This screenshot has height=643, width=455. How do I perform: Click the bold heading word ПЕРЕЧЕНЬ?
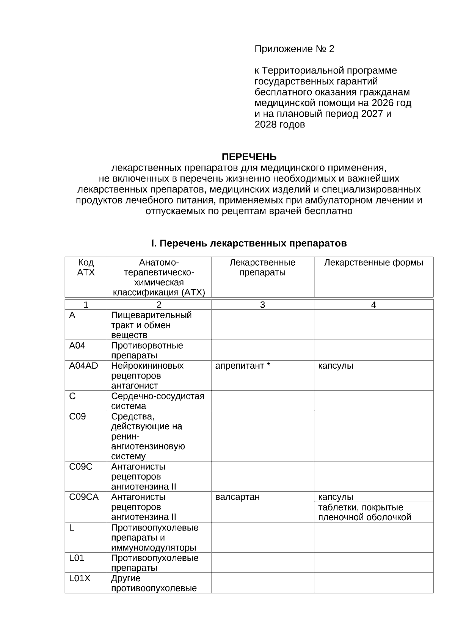[x=249, y=156]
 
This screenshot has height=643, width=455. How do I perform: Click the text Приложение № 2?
[x=294, y=49]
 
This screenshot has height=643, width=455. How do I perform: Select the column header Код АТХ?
[x=86, y=268]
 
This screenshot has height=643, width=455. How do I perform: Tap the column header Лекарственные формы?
[x=373, y=263]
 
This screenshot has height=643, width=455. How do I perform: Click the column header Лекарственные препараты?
[x=262, y=268]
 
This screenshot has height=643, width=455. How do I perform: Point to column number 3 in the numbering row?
[x=262, y=305]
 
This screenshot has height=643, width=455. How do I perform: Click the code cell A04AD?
[x=83, y=366]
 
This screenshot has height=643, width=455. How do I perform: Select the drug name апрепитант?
[x=240, y=366]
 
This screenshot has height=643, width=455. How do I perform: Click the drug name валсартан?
[x=237, y=497]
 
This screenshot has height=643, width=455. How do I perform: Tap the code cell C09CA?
[x=84, y=497]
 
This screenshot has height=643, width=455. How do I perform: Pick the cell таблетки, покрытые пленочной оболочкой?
[x=364, y=512]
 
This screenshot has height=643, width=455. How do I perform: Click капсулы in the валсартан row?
[x=336, y=497]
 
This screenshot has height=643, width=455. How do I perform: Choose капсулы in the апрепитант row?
[x=336, y=366]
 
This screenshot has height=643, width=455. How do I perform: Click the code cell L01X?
[x=80, y=578]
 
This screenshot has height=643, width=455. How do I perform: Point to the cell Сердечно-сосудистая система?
[x=157, y=401]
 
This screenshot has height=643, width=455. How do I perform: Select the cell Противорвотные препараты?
[x=147, y=350]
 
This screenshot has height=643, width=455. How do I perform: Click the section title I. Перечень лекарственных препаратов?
[x=249, y=243]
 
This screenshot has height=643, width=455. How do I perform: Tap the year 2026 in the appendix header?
[x=383, y=103]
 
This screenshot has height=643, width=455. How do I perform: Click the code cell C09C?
[x=80, y=466]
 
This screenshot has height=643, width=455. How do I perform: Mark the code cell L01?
[x=77, y=558]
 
